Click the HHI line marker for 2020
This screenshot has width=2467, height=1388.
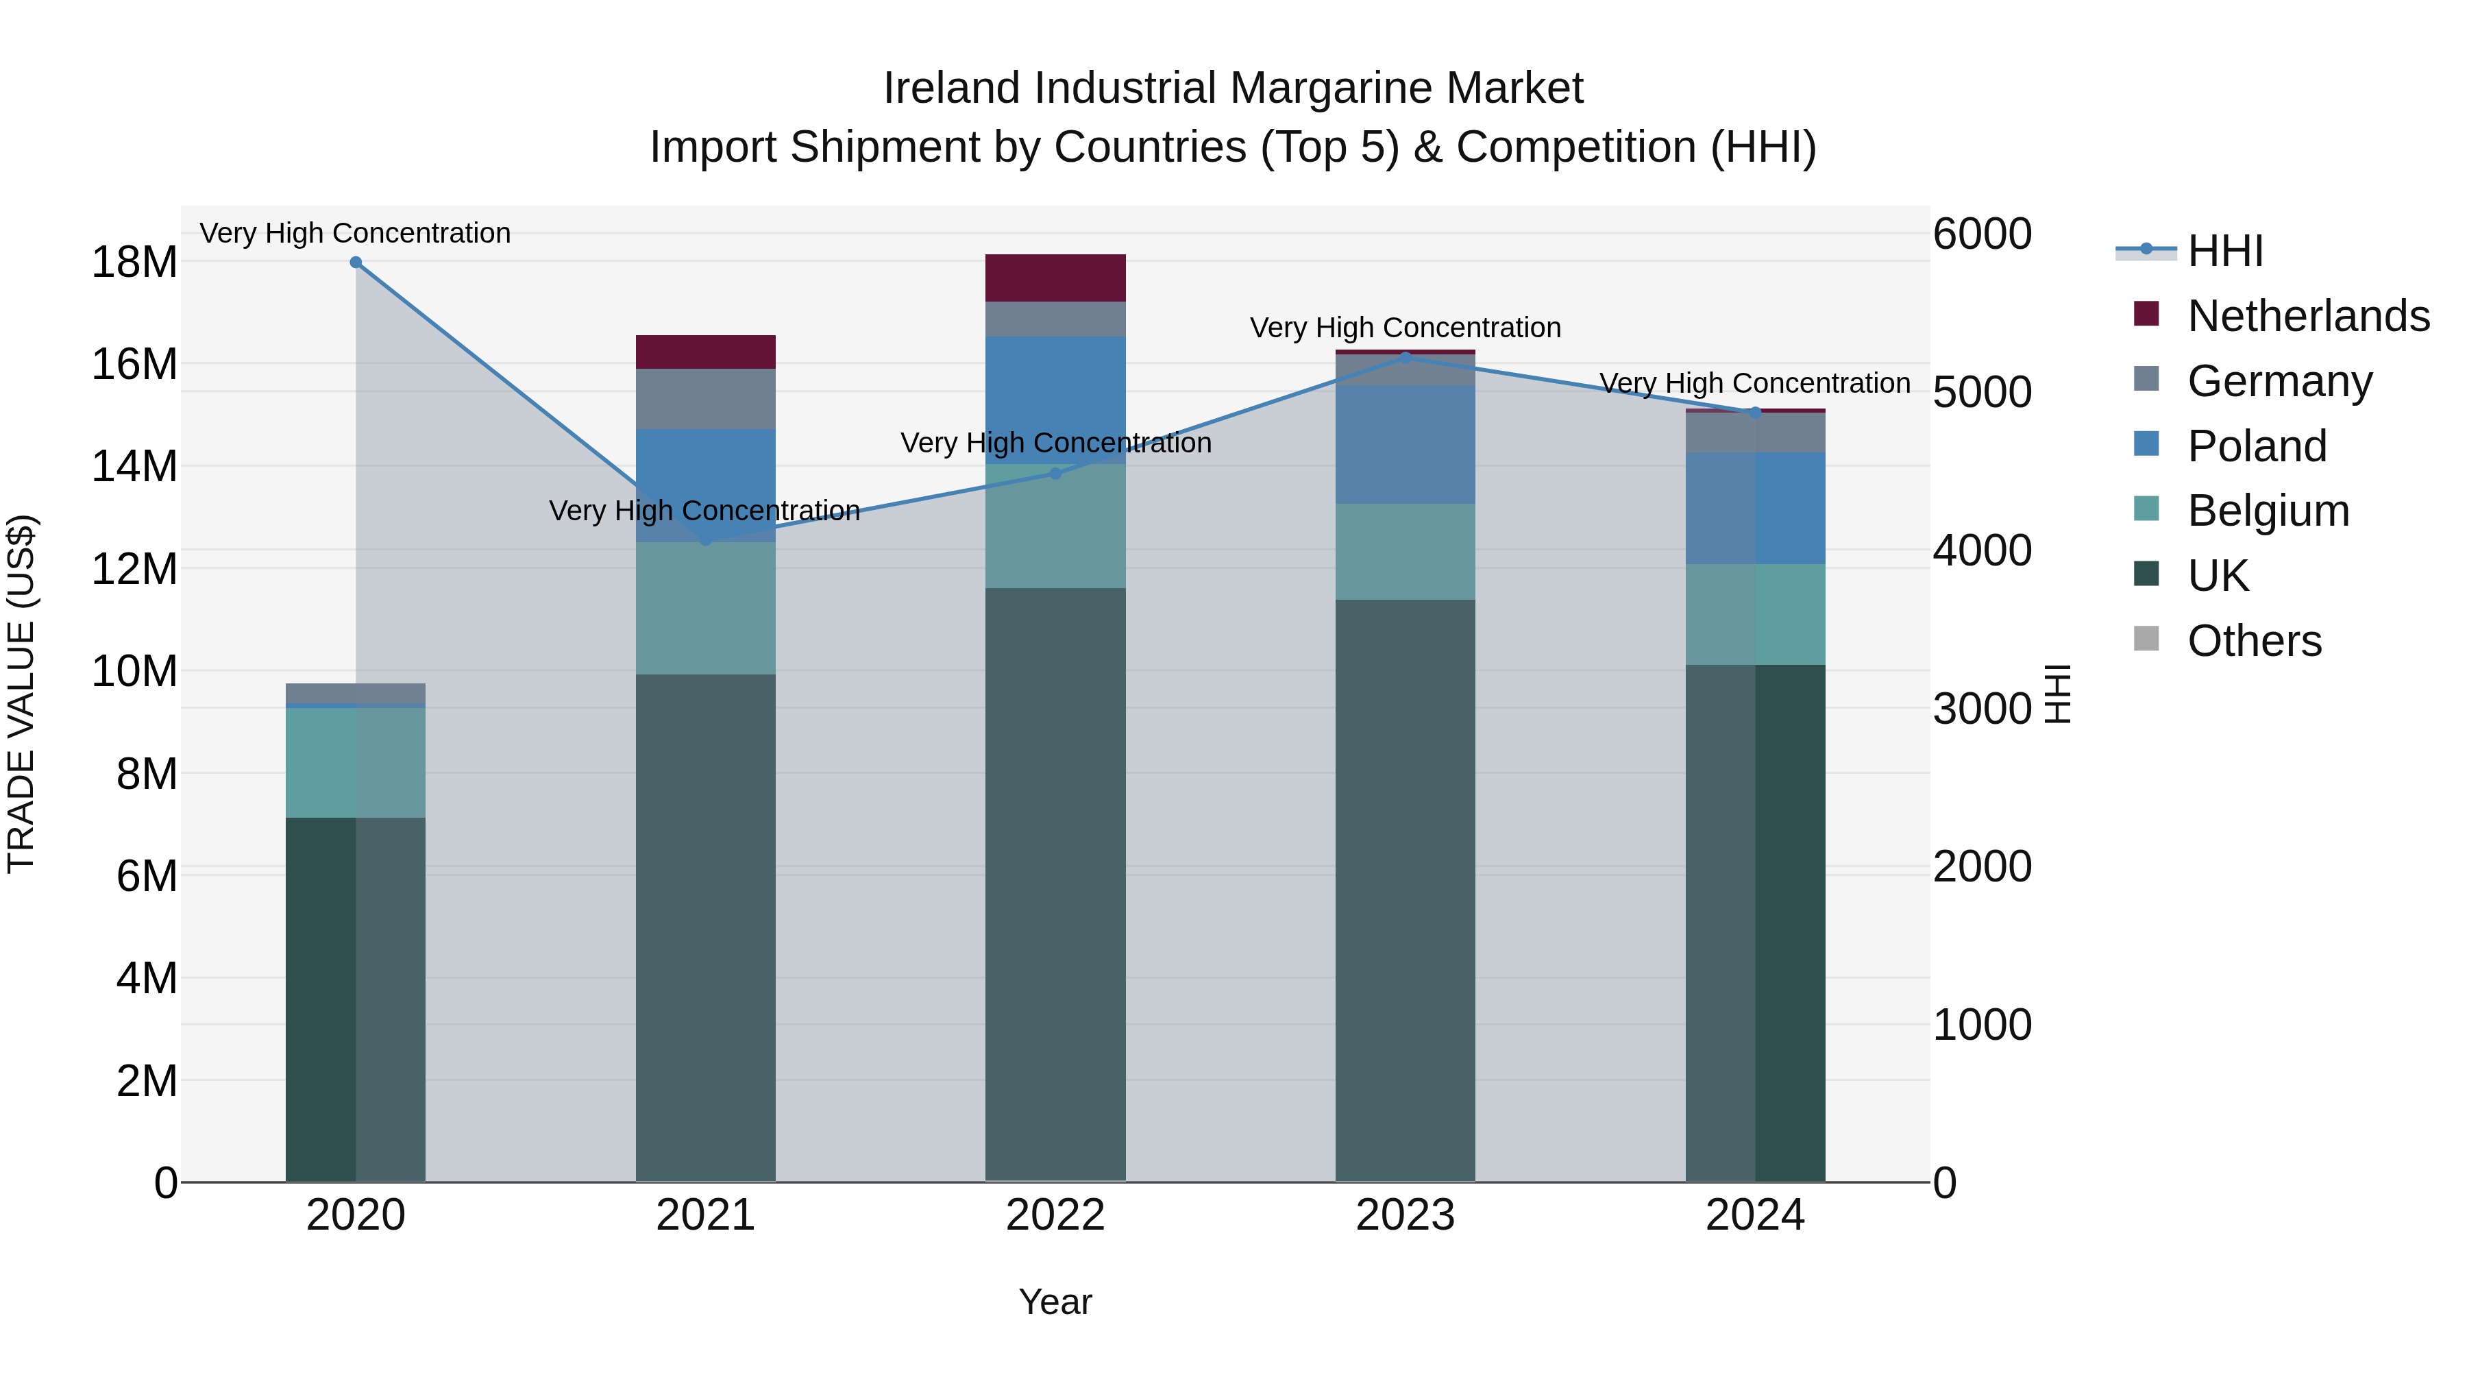pyautogui.click(x=355, y=263)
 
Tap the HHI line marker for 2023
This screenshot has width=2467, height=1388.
pyautogui.click(x=1405, y=357)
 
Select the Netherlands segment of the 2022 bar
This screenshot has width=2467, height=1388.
pyautogui.click(x=1055, y=278)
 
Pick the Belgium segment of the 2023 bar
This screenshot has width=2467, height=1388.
pyautogui.click(x=1405, y=552)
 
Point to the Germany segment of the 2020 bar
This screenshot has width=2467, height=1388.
pyautogui.click(x=355, y=692)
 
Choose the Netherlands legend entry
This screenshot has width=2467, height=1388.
pyautogui.click(x=2308, y=316)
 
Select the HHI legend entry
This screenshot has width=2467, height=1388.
pyautogui.click(x=2224, y=251)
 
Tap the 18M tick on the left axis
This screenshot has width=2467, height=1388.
pyautogui.click(x=134, y=263)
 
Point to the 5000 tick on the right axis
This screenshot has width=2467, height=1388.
pyautogui.click(x=1981, y=393)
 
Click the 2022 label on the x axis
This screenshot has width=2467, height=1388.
pyautogui.click(x=1055, y=1215)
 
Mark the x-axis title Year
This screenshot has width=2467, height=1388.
pyautogui.click(x=1055, y=1302)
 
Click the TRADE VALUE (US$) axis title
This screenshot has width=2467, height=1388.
pyautogui.click(x=21, y=694)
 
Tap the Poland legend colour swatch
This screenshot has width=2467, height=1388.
pyautogui.click(x=2146, y=443)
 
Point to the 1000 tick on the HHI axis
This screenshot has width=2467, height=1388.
pyautogui.click(x=1981, y=1025)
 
